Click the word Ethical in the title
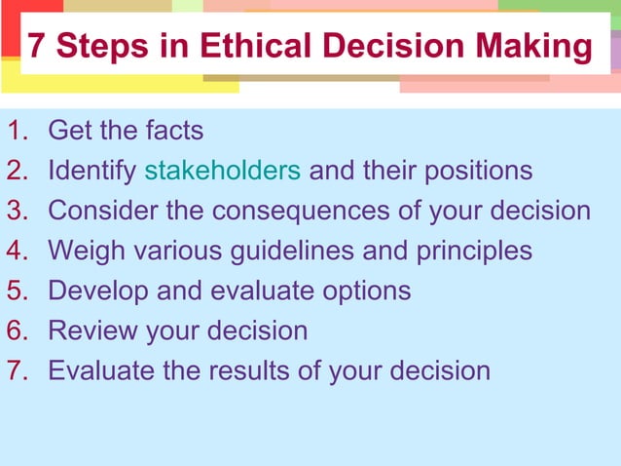tap(256, 46)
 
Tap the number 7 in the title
tap(37, 46)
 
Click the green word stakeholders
tap(222, 171)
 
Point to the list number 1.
tap(14, 130)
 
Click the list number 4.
tap(15, 251)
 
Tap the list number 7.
tap(15, 370)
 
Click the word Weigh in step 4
tap(88, 251)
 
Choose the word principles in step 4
tap(472, 251)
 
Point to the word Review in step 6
tap(92, 330)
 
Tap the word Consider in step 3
tap(105, 211)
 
